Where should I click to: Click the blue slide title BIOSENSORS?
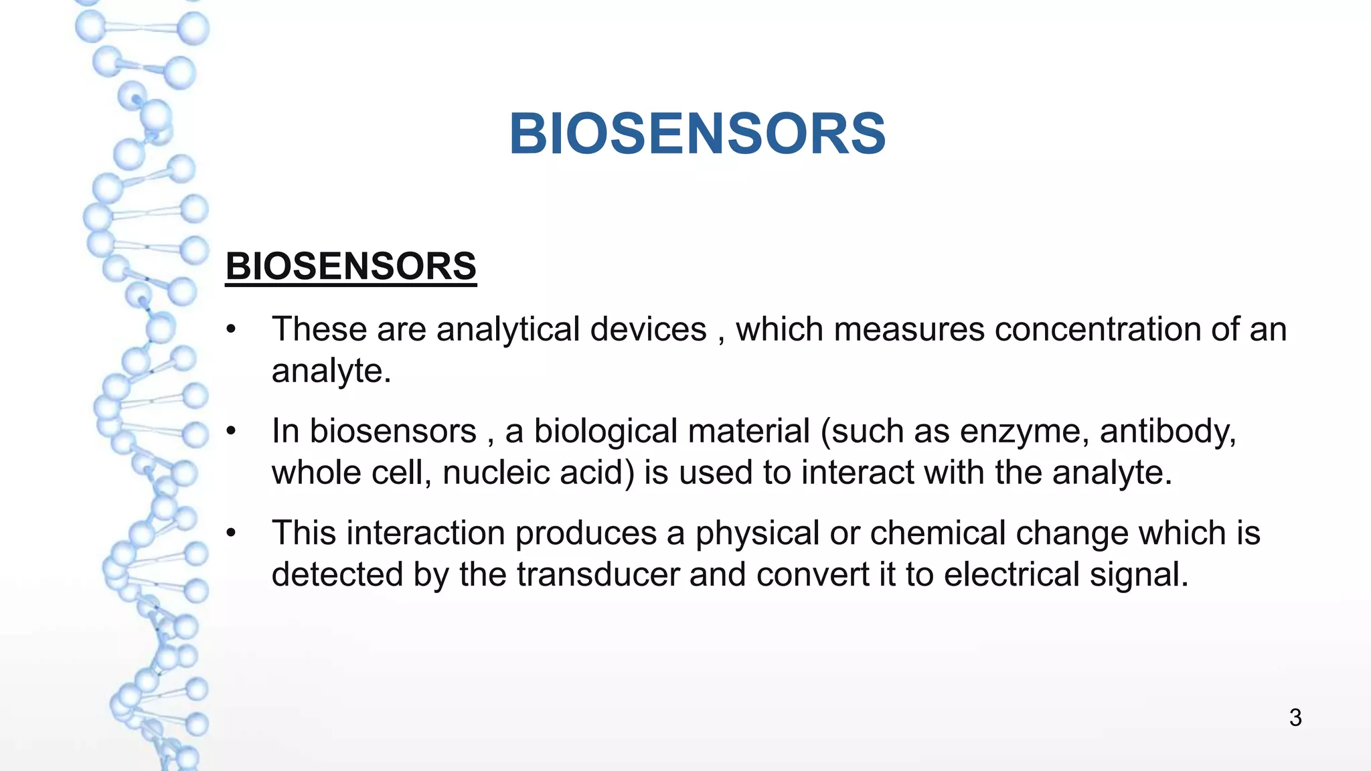click(x=697, y=134)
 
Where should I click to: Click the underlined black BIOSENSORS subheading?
click(x=351, y=266)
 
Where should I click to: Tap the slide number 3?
click(x=1295, y=717)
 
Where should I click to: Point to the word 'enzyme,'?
click(x=1024, y=432)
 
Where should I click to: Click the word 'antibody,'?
click(x=1167, y=432)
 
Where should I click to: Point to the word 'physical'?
click(x=757, y=534)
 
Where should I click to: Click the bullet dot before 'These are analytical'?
click(x=232, y=329)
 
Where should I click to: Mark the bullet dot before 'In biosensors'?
click(x=232, y=431)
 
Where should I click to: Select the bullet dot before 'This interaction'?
click(x=232, y=533)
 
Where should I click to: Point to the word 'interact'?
click(x=858, y=473)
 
